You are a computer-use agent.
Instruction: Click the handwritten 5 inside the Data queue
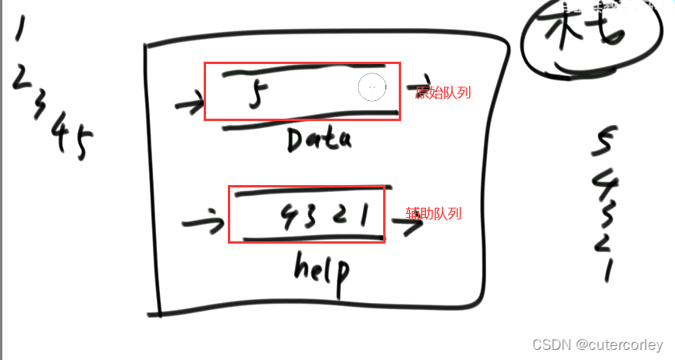pyautogui.click(x=254, y=96)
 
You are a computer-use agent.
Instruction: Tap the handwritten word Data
pyautogui.click(x=319, y=140)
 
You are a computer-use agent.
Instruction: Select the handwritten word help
pyautogui.click(x=322, y=269)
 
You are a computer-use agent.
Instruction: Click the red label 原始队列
pyautogui.click(x=443, y=93)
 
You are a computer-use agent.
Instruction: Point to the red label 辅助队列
pyautogui.click(x=433, y=212)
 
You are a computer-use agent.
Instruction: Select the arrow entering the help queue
pyautogui.click(x=200, y=225)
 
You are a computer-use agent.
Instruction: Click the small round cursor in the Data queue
pyautogui.click(x=372, y=87)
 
